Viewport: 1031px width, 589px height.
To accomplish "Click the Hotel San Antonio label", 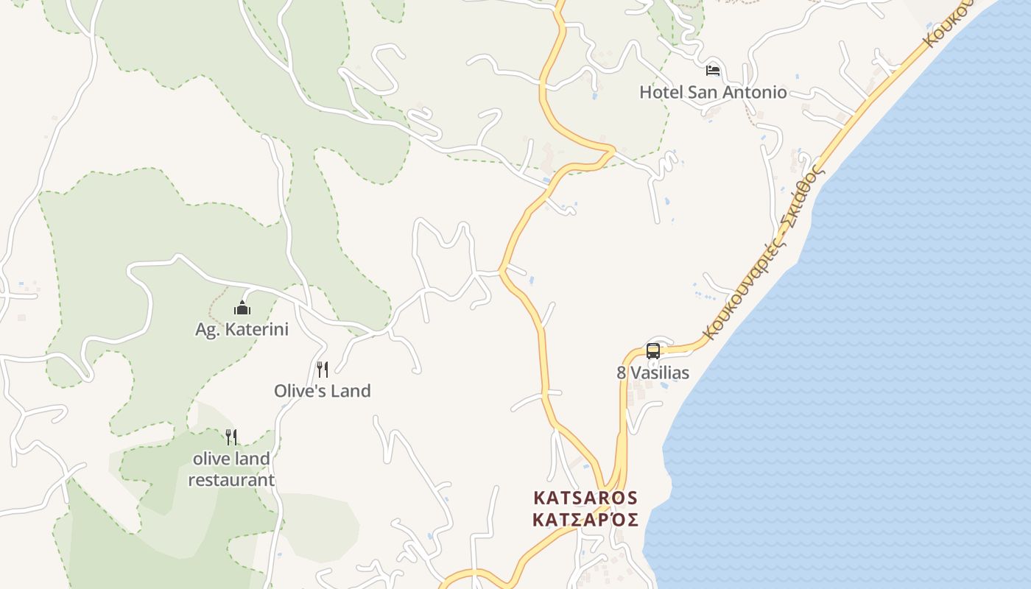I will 713,93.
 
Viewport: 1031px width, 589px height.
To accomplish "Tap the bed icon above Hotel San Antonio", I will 713,71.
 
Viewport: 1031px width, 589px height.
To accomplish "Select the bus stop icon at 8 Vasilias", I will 653,350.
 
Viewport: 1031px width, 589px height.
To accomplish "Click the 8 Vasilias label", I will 653,373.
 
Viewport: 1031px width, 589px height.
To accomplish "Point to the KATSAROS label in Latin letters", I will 585,498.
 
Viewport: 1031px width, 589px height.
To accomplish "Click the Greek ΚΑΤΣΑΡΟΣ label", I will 585,520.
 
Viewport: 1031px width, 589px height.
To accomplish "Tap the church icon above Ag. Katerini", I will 242,308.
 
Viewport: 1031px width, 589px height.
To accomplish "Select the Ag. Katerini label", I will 242,330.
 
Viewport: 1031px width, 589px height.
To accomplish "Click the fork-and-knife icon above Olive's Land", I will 323,369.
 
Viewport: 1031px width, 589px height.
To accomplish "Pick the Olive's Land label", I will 323,391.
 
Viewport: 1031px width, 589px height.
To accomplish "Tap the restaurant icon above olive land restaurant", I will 231,437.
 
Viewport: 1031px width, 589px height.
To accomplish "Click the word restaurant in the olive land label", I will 231,481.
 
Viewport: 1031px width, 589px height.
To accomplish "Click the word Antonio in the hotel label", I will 752,93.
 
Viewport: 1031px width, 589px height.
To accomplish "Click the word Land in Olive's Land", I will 351,391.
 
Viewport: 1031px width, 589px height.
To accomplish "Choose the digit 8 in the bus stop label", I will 622,373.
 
